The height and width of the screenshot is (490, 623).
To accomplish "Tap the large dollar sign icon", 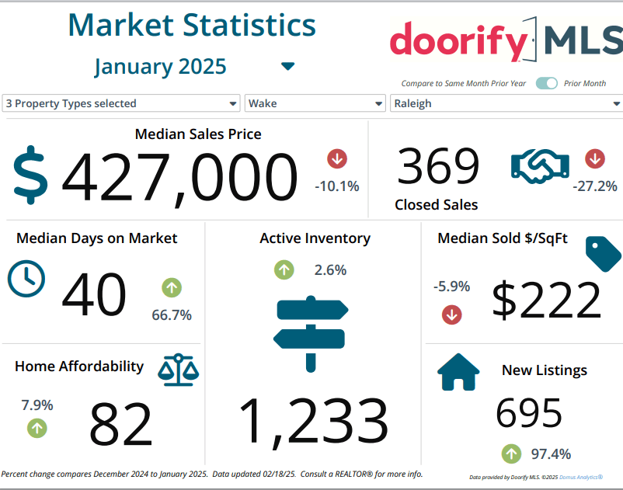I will point(31,175).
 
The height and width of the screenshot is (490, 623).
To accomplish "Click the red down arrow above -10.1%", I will point(337,158).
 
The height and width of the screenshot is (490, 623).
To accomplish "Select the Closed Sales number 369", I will point(438,167).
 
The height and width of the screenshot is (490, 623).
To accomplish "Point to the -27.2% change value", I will point(594,186).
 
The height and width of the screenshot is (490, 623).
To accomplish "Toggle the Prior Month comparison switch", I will point(547,83).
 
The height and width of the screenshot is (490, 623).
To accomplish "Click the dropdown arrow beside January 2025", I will point(288,67).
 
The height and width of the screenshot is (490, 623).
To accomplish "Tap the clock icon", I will point(26,278).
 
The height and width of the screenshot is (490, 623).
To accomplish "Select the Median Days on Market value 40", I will point(93,295).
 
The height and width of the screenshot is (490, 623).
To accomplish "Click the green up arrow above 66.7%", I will point(172,288).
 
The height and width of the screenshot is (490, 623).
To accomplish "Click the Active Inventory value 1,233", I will point(313,423).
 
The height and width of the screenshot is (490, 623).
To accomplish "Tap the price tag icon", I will point(603,254).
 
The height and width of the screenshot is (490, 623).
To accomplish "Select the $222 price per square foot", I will point(547,300).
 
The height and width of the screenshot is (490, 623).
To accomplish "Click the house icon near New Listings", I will point(459,372).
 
